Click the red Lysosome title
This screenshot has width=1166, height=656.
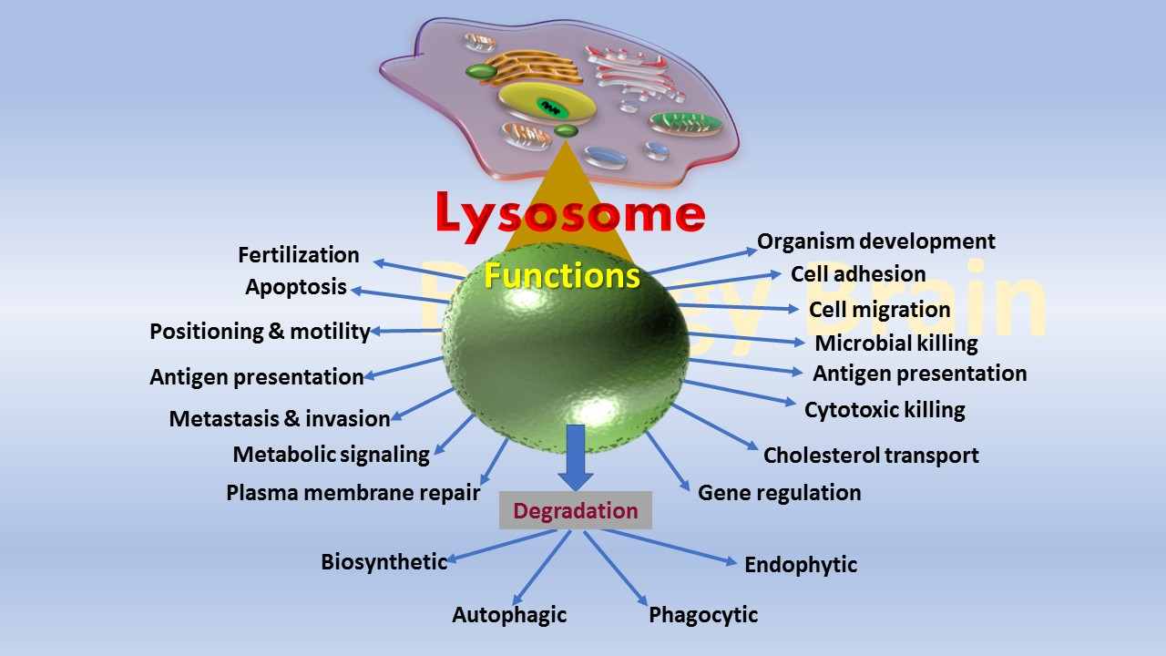570,214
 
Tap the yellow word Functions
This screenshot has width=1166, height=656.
562,275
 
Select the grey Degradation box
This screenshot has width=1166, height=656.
575,510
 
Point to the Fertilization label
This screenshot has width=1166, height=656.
299,255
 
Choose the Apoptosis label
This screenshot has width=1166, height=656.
296,288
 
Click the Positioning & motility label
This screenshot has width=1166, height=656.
260,332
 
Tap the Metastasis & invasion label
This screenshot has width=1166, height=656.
280,419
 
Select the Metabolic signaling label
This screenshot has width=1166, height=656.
331,455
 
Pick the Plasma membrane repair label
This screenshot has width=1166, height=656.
353,493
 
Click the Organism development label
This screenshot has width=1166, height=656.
876,241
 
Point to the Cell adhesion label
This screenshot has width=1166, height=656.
858,274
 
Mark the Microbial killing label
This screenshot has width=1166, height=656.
896,343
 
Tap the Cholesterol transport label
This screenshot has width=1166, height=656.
871,456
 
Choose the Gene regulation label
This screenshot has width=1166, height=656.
779,493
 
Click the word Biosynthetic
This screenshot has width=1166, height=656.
384,562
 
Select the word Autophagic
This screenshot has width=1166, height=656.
509,615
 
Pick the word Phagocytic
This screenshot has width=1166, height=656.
703,615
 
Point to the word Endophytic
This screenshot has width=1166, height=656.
801,565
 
